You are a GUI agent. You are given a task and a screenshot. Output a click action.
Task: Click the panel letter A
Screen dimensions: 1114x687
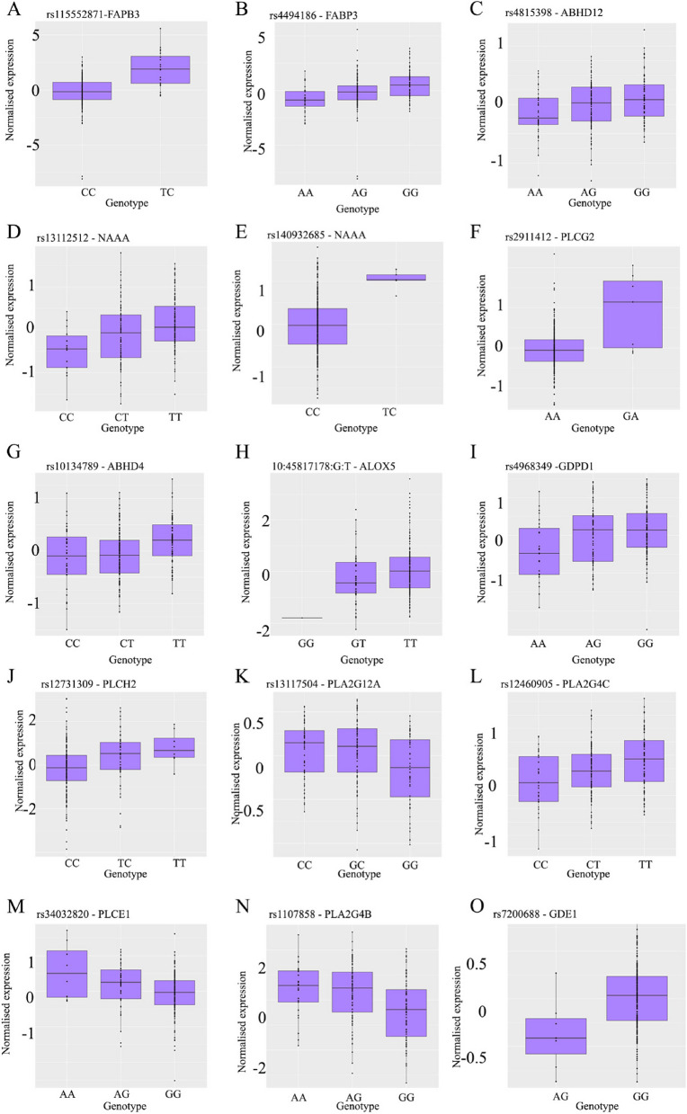click(x=9, y=10)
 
